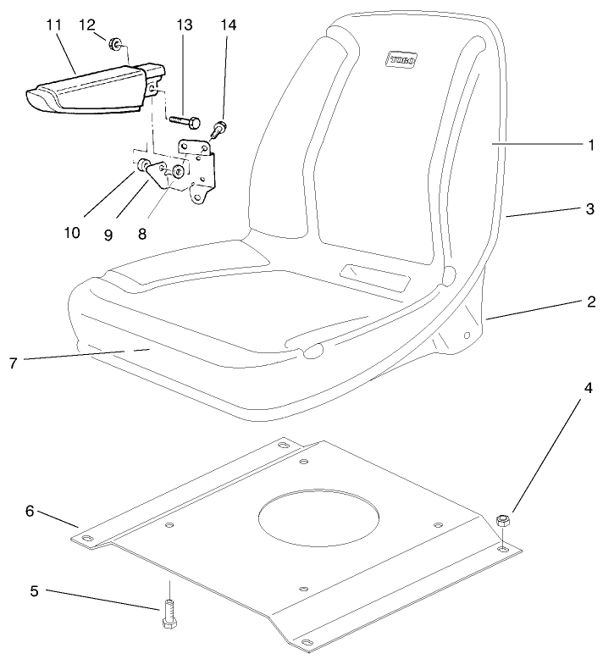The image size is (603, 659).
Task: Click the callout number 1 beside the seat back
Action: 589,145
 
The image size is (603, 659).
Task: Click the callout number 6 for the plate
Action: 30,511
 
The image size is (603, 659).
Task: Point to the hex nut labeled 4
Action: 501,518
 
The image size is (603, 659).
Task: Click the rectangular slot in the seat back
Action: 373,277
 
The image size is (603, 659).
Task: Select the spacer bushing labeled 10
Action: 146,163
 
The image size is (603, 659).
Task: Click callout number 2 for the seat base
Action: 589,301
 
